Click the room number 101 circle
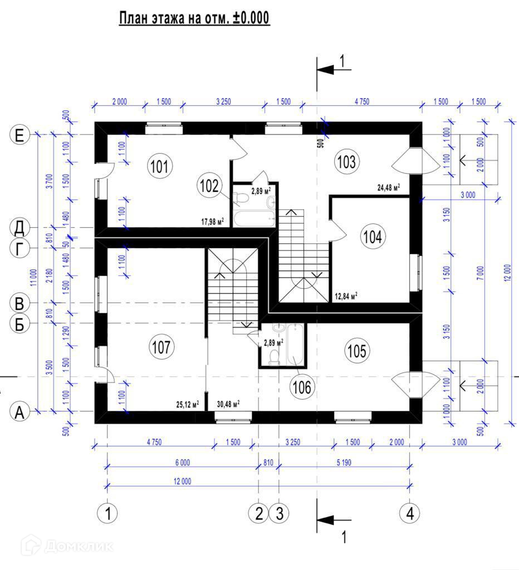(160, 165)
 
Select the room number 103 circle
(346, 162)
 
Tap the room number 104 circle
(372, 237)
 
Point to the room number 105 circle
(357, 351)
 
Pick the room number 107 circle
(160, 347)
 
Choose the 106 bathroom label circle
(301, 386)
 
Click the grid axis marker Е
(19, 135)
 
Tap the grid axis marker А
(19, 412)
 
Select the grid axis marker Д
(19, 227)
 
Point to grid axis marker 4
(410, 513)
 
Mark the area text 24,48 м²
(389, 188)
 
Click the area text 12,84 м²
(346, 296)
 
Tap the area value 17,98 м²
(213, 221)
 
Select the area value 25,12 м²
(188, 404)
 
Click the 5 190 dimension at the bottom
(345, 462)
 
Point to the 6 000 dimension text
(182, 462)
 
